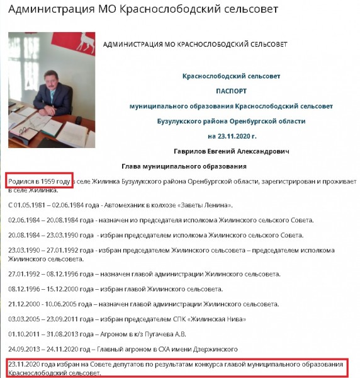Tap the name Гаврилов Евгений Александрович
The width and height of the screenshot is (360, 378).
pos(231,151)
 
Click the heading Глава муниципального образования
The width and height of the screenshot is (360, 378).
pos(183,166)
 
